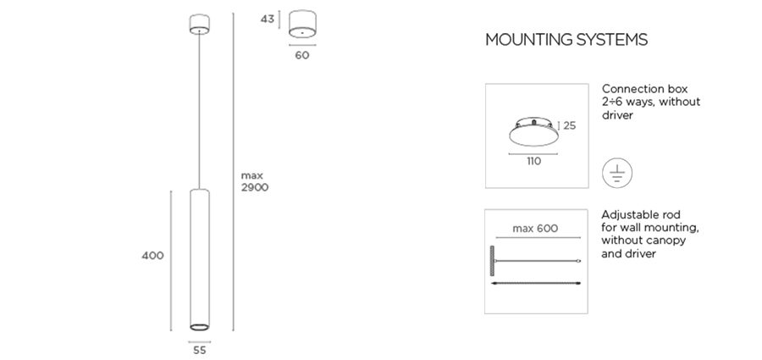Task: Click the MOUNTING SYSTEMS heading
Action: [566, 40]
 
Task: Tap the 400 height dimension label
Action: [152, 256]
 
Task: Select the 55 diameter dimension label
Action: [199, 350]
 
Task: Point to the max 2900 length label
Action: [255, 181]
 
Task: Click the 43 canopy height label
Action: [268, 19]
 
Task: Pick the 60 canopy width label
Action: [301, 55]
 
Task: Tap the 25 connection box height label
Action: [570, 125]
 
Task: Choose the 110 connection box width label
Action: [533, 161]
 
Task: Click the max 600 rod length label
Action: [535, 228]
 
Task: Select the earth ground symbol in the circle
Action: [617, 173]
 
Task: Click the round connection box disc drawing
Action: [533, 131]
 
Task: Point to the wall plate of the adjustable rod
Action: [492, 261]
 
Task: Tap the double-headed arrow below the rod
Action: [536, 283]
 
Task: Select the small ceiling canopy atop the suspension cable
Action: [199, 25]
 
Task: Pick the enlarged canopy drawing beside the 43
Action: [302, 25]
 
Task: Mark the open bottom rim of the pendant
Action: [199, 327]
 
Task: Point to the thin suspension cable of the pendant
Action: [199, 112]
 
